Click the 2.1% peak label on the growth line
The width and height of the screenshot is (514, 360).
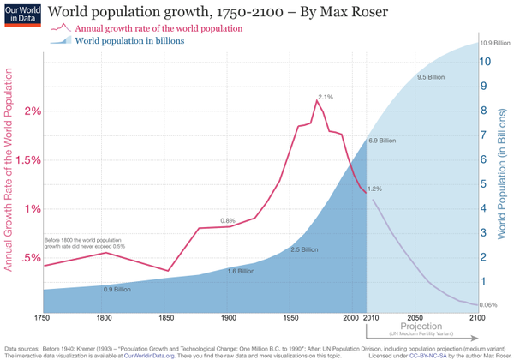tap(325, 97)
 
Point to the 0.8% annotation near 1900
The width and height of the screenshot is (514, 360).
tap(228, 221)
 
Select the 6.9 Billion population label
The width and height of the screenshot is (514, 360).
tap(382, 140)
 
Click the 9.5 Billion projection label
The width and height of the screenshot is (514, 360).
tap(433, 78)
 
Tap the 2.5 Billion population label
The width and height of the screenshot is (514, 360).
tap(303, 249)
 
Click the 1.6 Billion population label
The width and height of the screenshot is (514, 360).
tap(241, 271)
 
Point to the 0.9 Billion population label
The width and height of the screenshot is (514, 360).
tap(117, 290)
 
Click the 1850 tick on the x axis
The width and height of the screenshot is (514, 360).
tap(166, 318)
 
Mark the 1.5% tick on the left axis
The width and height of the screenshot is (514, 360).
tap(29, 160)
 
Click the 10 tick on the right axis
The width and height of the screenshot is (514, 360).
tap(485, 62)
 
